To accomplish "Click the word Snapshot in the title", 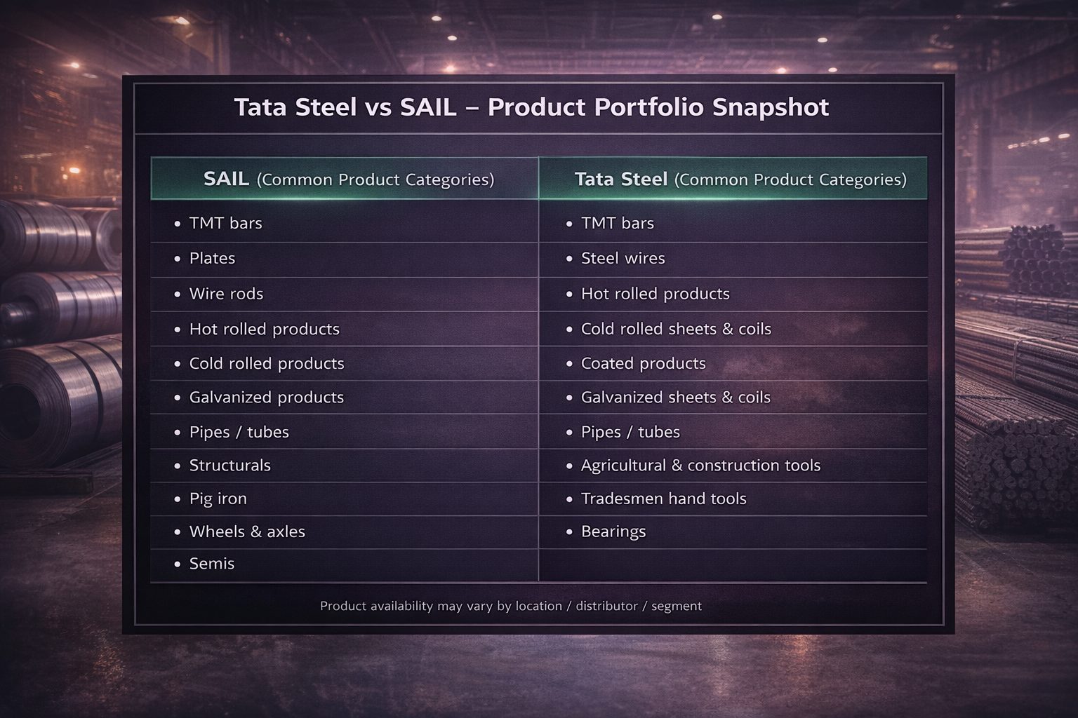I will point(770,107).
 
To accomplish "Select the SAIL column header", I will point(348,179).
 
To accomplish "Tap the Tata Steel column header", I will point(740,179).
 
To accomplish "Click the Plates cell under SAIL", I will point(212,258).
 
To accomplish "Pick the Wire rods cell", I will point(226,294).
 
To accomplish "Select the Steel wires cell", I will point(623,258).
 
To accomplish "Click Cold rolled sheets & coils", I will point(675,329).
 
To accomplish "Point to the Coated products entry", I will point(643,363).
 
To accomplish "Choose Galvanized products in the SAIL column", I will point(266,398).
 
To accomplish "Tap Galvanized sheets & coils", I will point(675,398).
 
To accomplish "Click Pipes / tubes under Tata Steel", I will point(630,432).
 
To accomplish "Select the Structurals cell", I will point(229,466).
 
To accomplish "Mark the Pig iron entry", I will point(218,499).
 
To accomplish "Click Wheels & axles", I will point(247,531).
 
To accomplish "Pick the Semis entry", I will point(211,564).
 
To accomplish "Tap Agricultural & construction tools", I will point(700,466).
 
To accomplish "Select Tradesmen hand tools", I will point(663,499).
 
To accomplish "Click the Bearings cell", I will point(613,531).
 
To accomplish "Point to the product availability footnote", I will point(510,606).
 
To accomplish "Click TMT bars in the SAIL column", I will point(225,223).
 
